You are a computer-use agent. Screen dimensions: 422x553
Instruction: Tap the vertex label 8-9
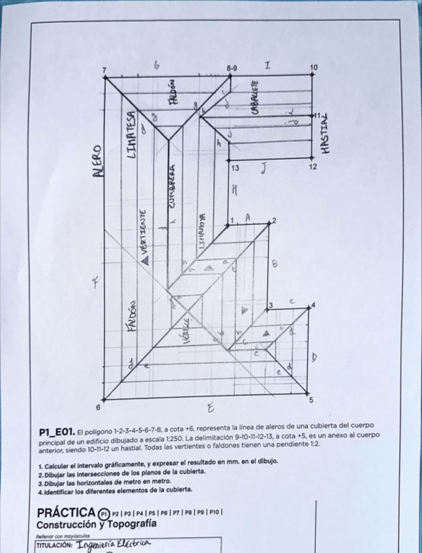[232, 67]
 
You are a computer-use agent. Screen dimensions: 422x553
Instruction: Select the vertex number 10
[313, 67]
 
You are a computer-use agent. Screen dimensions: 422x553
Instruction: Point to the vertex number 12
[313, 167]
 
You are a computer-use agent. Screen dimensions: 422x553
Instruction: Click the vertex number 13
[235, 168]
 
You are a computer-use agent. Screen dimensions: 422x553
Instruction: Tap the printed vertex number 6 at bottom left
[98, 406]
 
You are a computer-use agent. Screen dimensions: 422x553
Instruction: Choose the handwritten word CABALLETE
[255, 98]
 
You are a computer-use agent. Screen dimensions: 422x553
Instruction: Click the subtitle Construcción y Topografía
[96, 524]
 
